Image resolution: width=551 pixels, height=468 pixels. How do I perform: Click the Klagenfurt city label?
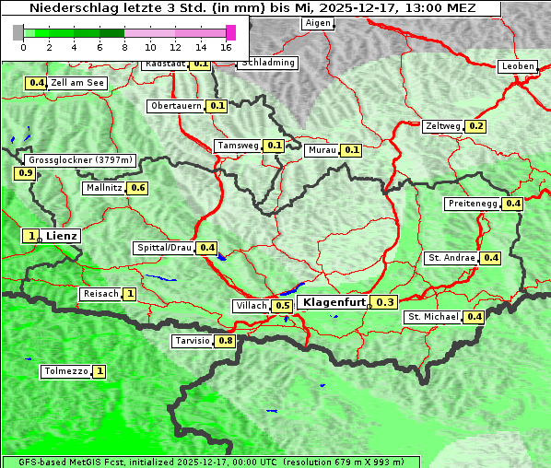point(334,302)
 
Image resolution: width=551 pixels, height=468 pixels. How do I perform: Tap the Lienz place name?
point(63,237)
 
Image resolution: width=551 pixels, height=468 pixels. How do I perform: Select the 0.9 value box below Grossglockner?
point(25,173)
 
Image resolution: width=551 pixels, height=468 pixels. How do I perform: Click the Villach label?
point(252,306)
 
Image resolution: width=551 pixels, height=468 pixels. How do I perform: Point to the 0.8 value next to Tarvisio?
point(225,341)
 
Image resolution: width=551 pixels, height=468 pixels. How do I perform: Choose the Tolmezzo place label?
point(66,372)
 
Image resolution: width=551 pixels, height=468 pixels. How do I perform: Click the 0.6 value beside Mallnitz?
point(138,188)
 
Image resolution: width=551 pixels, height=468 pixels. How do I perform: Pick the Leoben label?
point(518,66)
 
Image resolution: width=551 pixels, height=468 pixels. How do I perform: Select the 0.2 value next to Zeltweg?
point(476,126)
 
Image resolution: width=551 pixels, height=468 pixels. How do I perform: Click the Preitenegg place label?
point(473,204)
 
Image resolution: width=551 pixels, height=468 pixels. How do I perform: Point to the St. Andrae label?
point(451,258)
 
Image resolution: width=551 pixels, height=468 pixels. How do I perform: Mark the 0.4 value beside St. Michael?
point(474,317)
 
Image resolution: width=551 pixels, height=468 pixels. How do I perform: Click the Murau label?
point(322,150)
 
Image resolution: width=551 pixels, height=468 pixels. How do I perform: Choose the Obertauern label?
point(176,106)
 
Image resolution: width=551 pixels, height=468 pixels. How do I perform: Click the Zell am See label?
point(78,83)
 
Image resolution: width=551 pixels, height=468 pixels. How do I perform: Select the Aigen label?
point(317,23)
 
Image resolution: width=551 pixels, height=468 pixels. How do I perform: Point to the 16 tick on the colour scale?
point(226,47)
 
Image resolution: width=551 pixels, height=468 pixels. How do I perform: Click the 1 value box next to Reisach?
point(130,294)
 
